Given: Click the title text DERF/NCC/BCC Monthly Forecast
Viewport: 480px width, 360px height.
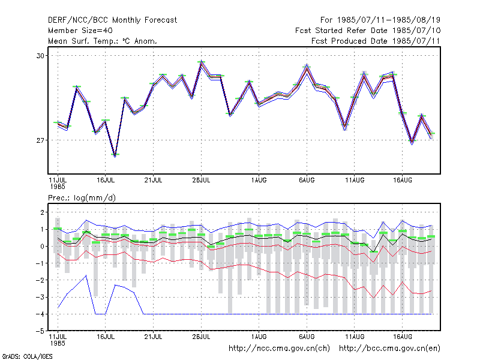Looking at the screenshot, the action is point(112,20).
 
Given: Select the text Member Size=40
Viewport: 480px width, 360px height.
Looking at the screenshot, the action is point(80,31).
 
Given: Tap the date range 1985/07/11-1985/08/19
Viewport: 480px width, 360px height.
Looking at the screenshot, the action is point(389,20).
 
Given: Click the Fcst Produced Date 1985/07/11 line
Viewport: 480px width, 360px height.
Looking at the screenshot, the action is point(376,41).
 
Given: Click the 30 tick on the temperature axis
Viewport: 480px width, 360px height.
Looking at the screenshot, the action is point(40,56).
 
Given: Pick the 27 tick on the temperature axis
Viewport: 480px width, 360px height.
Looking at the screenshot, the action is point(40,140).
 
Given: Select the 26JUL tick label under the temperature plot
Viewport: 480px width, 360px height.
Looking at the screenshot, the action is point(201,180).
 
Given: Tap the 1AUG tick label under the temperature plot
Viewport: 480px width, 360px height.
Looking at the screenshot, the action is point(259,180).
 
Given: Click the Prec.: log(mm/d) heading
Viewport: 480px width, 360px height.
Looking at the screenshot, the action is point(82,198).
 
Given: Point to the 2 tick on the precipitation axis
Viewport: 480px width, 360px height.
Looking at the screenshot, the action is point(42,212).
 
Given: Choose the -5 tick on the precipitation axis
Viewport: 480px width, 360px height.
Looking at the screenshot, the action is point(40,331).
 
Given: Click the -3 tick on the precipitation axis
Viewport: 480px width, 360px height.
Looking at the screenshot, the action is point(40,297).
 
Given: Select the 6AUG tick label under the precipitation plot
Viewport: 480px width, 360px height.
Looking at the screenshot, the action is point(307,337).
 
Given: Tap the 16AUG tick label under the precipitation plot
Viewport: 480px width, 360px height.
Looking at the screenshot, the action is point(403,337).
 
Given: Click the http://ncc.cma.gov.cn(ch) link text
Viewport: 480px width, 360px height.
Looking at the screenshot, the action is point(279,349).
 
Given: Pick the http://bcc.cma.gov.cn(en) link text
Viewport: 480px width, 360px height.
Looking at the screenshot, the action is point(389,349).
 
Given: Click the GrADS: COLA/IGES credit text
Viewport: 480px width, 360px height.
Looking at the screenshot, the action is point(27,356).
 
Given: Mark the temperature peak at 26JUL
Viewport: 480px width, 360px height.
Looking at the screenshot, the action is point(201,62).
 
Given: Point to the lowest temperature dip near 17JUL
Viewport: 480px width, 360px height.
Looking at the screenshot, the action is point(115,155).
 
